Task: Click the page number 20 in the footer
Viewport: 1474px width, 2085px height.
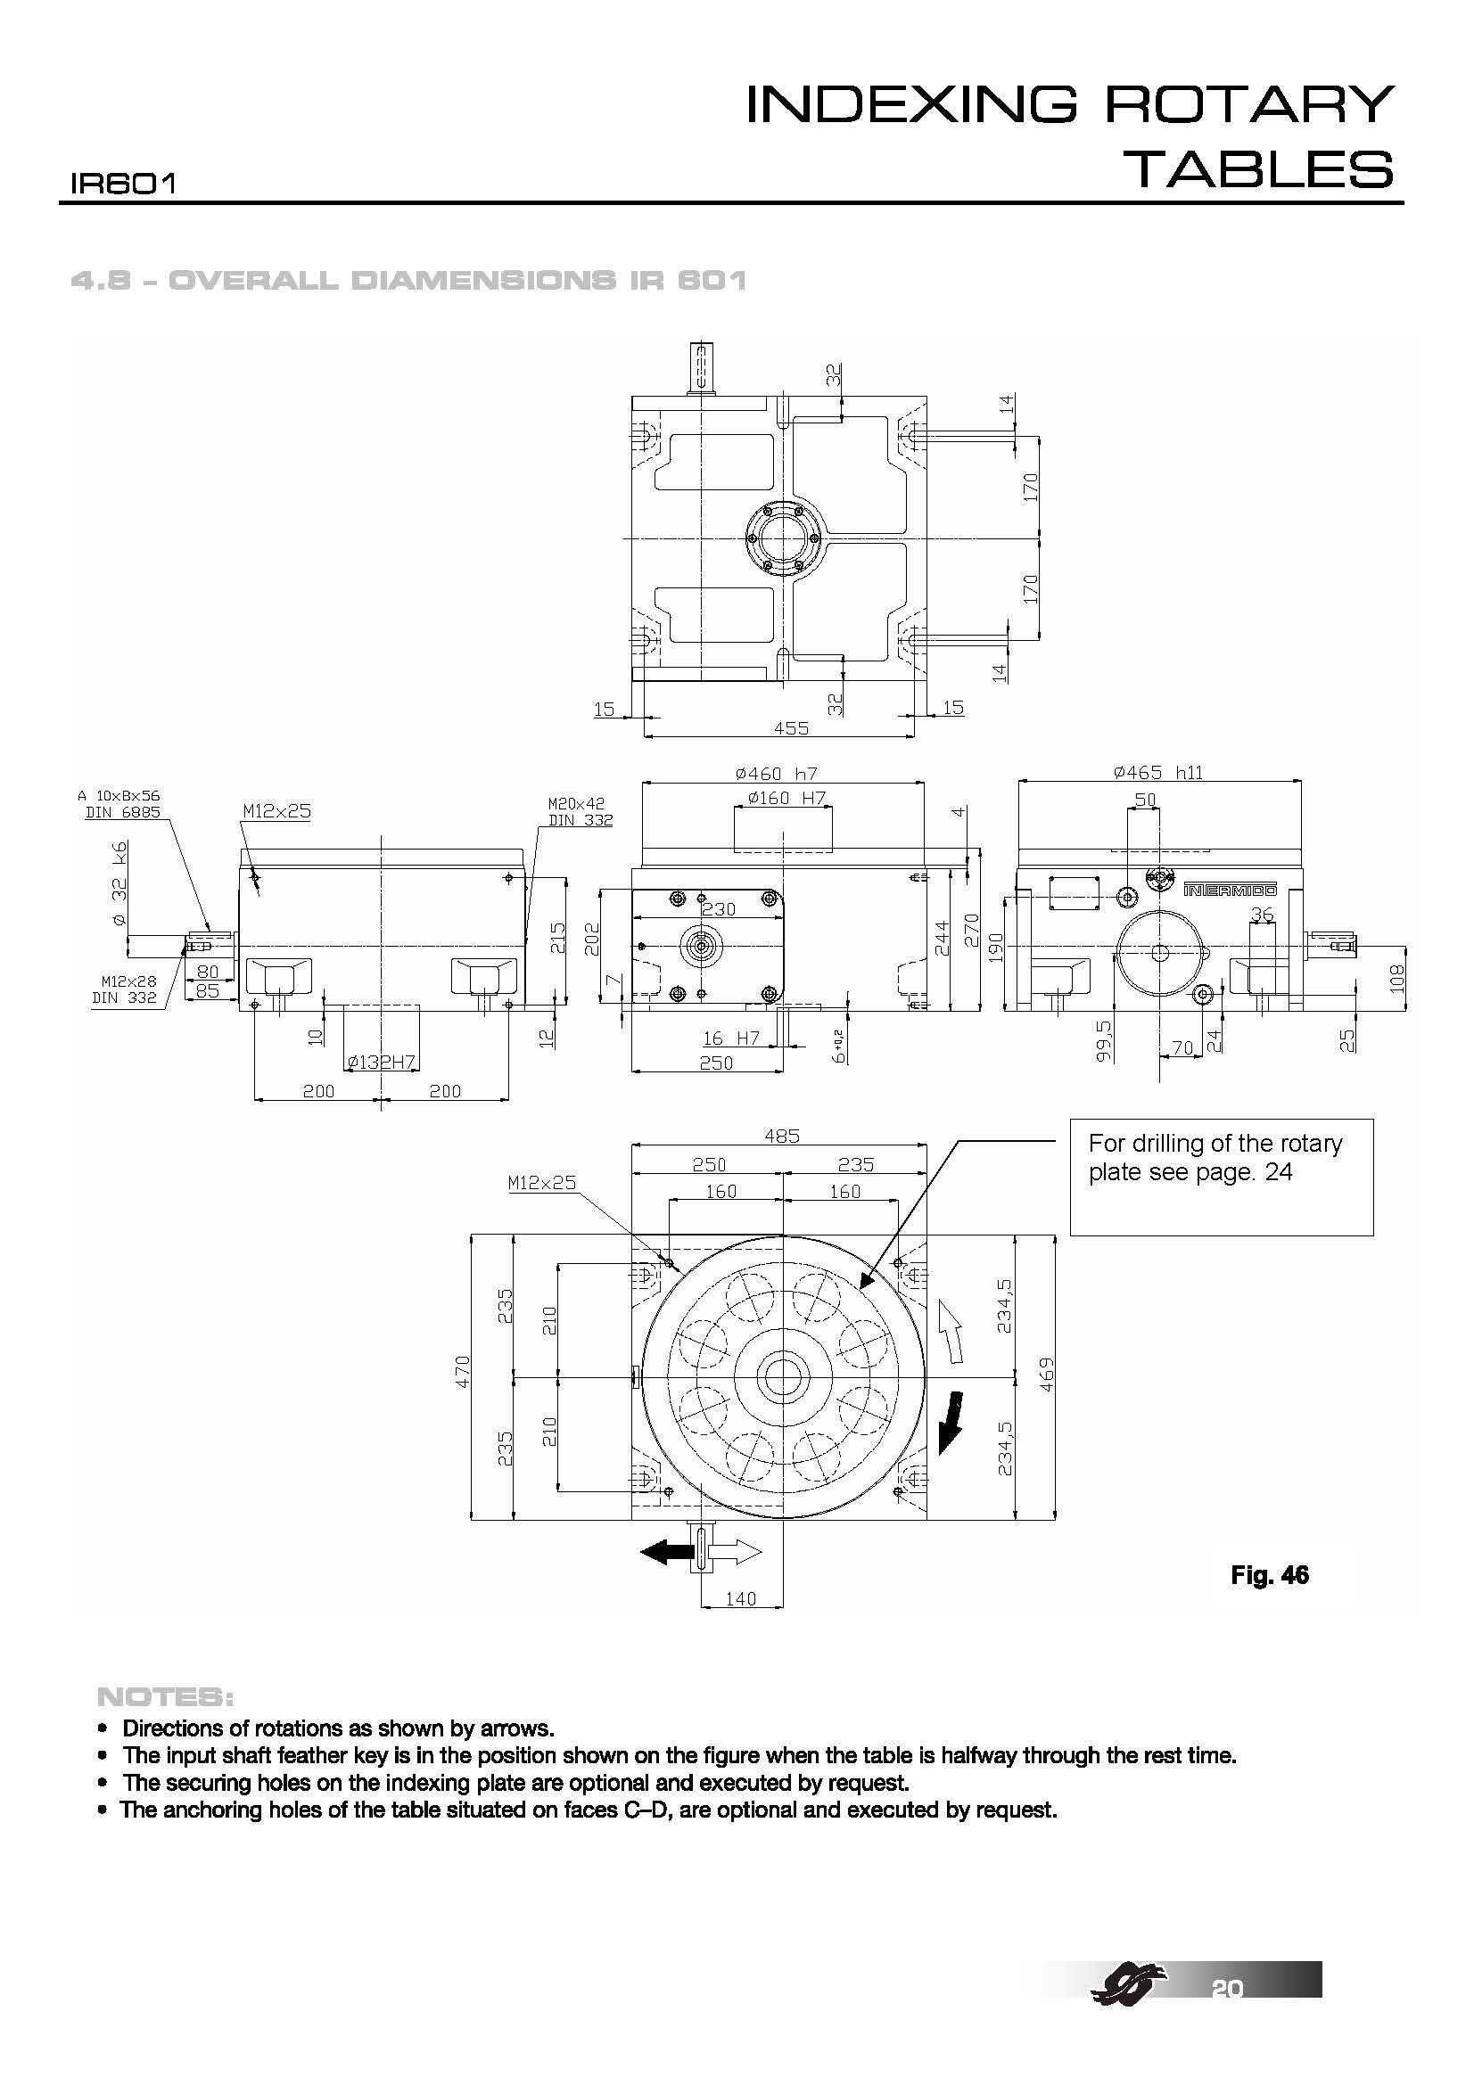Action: click(1227, 1988)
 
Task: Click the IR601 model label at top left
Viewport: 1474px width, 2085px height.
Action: click(122, 185)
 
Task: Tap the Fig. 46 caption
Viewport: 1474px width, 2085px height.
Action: click(1270, 1575)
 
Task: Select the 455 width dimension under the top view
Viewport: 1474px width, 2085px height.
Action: click(791, 728)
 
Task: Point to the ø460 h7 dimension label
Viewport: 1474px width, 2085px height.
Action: click(777, 774)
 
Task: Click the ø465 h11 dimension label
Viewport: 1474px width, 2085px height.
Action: click(1158, 773)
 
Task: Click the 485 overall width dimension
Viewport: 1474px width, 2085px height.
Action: click(781, 1136)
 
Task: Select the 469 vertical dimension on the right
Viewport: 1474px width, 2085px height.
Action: click(1047, 1375)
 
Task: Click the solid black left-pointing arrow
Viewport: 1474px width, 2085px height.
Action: click(668, 1553)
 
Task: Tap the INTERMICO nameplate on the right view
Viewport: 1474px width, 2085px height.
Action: click(1229, 890)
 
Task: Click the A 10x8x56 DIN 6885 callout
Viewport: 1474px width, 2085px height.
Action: click(122, 805)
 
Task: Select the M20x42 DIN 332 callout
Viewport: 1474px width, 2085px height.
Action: click(581, 812)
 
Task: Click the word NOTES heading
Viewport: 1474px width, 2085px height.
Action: click(165, 1697)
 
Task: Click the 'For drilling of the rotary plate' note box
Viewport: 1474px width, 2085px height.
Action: click(1221, 1177)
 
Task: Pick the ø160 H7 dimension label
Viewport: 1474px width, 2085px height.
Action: click(786, 798)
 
